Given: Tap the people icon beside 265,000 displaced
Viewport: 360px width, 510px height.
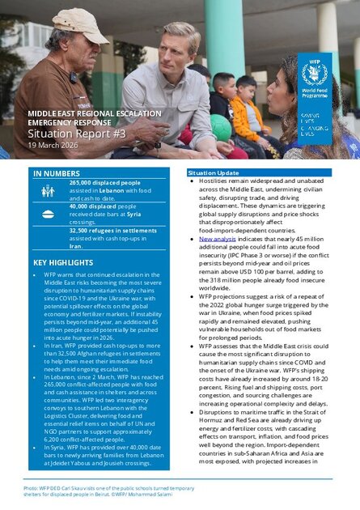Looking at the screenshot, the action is [x=48, y=190].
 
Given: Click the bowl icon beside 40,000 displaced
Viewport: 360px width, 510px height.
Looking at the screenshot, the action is [x=48, y=213].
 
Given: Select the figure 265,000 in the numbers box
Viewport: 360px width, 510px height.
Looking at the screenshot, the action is [x=84, y=183].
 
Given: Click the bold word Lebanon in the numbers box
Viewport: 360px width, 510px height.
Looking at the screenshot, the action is [x=112, y=190].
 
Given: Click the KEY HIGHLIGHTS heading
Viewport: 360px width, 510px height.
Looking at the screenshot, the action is [x=64, y=264].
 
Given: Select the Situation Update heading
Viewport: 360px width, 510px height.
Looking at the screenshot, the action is [x=213, y=173].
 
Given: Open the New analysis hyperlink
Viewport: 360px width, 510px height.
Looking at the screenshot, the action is [x=217, y=240].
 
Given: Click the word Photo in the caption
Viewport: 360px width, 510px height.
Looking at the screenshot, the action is [x=32, y=487].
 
